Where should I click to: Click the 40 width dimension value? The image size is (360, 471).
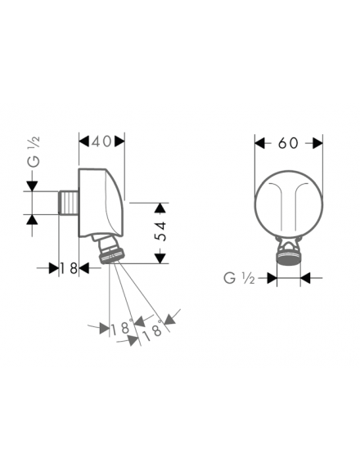click(x=102, y=141)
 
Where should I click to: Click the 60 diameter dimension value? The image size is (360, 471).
click(x=288, y=143)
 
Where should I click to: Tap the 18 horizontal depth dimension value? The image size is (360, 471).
click(x=69, y=268)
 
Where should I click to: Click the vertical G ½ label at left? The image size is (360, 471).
click(x=34, y=151)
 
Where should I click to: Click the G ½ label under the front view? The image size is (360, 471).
click(x=239, y=279)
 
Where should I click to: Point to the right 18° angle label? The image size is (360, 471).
click(x=152, y=331)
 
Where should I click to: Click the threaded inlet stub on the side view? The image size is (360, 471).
click(x=69, y=203)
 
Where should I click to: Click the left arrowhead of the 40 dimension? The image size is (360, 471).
click(x=84, y=141)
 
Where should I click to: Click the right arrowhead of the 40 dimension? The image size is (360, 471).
click(x=119, y=141)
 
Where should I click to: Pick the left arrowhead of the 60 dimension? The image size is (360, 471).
click(x=260, y=143)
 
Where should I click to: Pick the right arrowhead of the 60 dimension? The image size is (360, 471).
click(x=317, y=143)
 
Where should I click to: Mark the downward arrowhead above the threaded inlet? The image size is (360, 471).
click(x=32, y=186)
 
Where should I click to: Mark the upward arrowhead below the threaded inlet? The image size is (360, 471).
click(x=32, y=220)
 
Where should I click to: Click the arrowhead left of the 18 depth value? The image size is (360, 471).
click(x=53, y=268)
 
